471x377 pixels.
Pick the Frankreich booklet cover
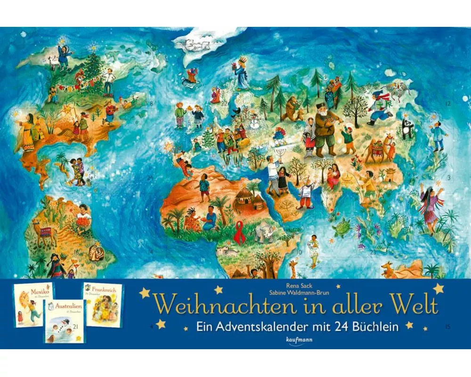103,304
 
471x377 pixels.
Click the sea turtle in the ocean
340,227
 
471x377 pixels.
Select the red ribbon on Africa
240,234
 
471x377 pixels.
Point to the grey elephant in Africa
264,232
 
